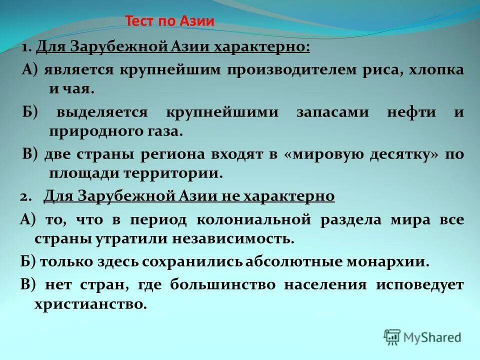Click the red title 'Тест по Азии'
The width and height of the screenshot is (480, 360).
(169, 21)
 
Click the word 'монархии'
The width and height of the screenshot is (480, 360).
(395, 261)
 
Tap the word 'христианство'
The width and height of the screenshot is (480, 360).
(90, 304)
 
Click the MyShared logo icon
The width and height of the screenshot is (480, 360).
(392, 337)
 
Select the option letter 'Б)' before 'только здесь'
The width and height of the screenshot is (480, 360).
(29, 261)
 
